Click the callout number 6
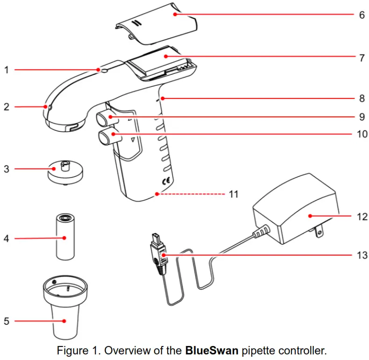coord(362,14)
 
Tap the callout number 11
coord(233,193)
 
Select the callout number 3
coord(7,169)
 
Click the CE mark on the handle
coord(165,181)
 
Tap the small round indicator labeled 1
coord(105,71)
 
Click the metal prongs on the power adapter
coord(319,231)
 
